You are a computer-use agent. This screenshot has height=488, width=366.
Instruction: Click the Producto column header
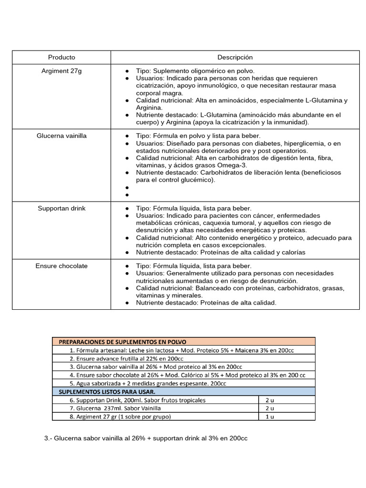point(61,57)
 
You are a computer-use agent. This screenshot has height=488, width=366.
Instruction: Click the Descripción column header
point(235,57)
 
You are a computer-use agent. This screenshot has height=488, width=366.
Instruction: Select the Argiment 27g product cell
point(61,71)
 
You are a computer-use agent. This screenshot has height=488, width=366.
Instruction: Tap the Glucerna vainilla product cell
point(61,136)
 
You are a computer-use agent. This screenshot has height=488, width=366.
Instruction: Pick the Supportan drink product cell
point(61,208)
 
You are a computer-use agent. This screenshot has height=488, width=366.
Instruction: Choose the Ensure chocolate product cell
point(61,266)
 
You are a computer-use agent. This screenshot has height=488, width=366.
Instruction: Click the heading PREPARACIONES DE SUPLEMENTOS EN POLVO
point(122,342)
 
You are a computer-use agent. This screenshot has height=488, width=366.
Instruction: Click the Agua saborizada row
point(148,383)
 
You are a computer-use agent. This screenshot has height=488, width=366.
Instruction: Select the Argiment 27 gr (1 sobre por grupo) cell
point(120,417)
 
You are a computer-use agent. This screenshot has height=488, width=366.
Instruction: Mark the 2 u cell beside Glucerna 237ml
point(269,408)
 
